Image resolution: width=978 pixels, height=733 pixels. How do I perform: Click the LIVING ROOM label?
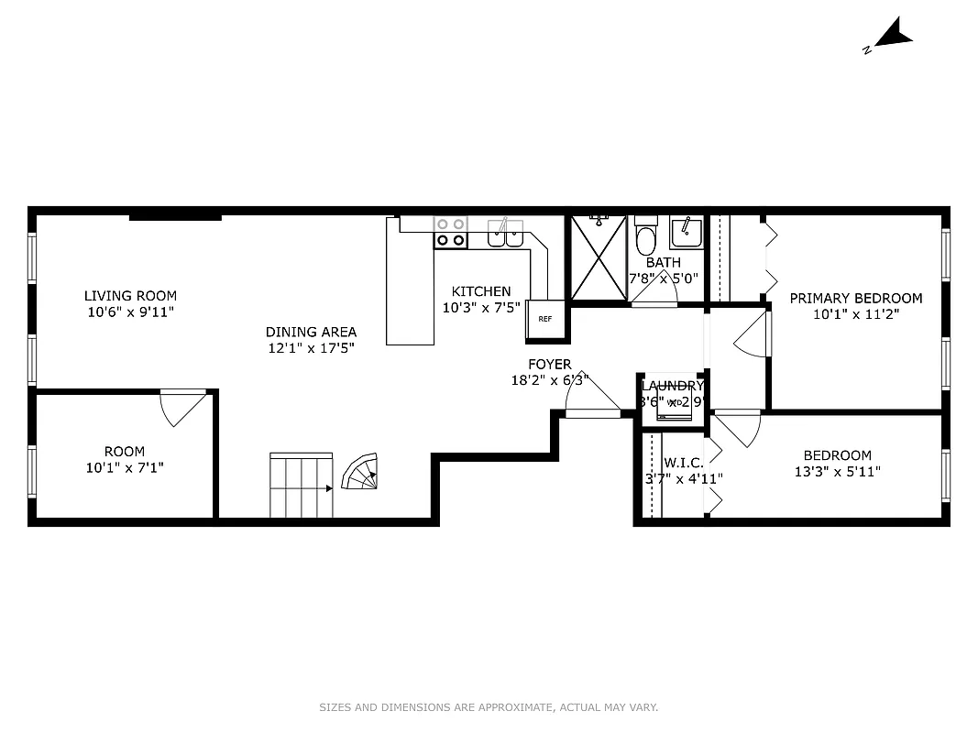(130, 296)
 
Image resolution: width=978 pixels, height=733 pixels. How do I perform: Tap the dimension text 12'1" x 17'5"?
(311, 348)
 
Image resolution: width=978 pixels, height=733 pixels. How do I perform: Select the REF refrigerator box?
(545, 320)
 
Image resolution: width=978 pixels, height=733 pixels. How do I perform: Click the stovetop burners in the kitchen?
(450, 233)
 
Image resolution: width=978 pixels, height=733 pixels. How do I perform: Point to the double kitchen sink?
(505, 235)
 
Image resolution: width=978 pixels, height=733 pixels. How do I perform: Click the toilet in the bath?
(646, 238)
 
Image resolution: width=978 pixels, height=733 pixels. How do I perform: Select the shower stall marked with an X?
(599, 257)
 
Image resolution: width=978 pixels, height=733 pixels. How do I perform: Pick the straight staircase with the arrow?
(301, 485)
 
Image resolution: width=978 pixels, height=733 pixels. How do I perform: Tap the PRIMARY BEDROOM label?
(856, 298)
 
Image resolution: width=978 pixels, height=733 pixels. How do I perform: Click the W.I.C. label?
(684, 463)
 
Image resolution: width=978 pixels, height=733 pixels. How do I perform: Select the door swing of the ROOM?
(183, 407)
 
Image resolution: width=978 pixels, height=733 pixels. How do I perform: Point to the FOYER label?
(550, 365)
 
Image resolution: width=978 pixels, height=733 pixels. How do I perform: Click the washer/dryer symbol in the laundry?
(674, 404)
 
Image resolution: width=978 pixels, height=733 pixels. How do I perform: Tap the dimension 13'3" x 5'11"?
(837, 472)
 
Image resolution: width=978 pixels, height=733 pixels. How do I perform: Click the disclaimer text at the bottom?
(489, 707)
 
